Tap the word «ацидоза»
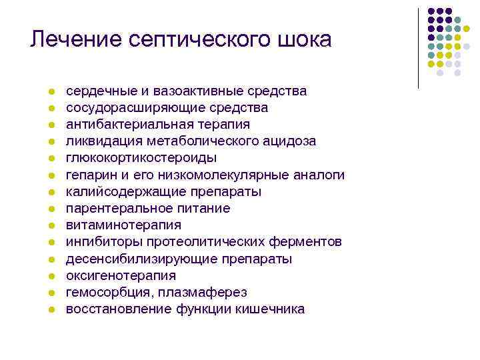coord(289,141)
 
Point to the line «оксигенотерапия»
coord(121,275)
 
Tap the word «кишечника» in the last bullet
coord(273,309)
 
